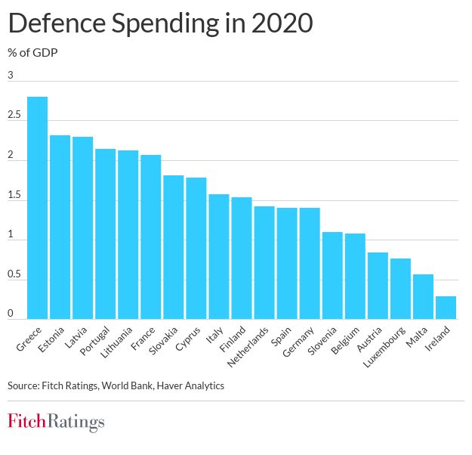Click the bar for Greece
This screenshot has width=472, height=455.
(x=38, y=208)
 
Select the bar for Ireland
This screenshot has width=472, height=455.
(x=446, y=308)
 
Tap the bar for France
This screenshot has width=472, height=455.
(x=151, y=237)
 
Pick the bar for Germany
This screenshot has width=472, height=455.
(x=310, y=263)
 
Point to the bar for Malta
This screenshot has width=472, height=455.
(x=423, y=296)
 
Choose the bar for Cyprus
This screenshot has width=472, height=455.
(x=196, y=248)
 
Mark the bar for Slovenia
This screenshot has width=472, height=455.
(x=332, y=275)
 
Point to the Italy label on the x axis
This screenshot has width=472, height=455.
(x=213, y=334)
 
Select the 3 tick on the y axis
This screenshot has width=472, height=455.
(x=11, y=75)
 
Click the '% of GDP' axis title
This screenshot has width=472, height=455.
(x=32, y=53)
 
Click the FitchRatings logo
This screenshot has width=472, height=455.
(x=56, y=422)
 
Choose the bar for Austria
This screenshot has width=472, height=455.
(x=378, y=286)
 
